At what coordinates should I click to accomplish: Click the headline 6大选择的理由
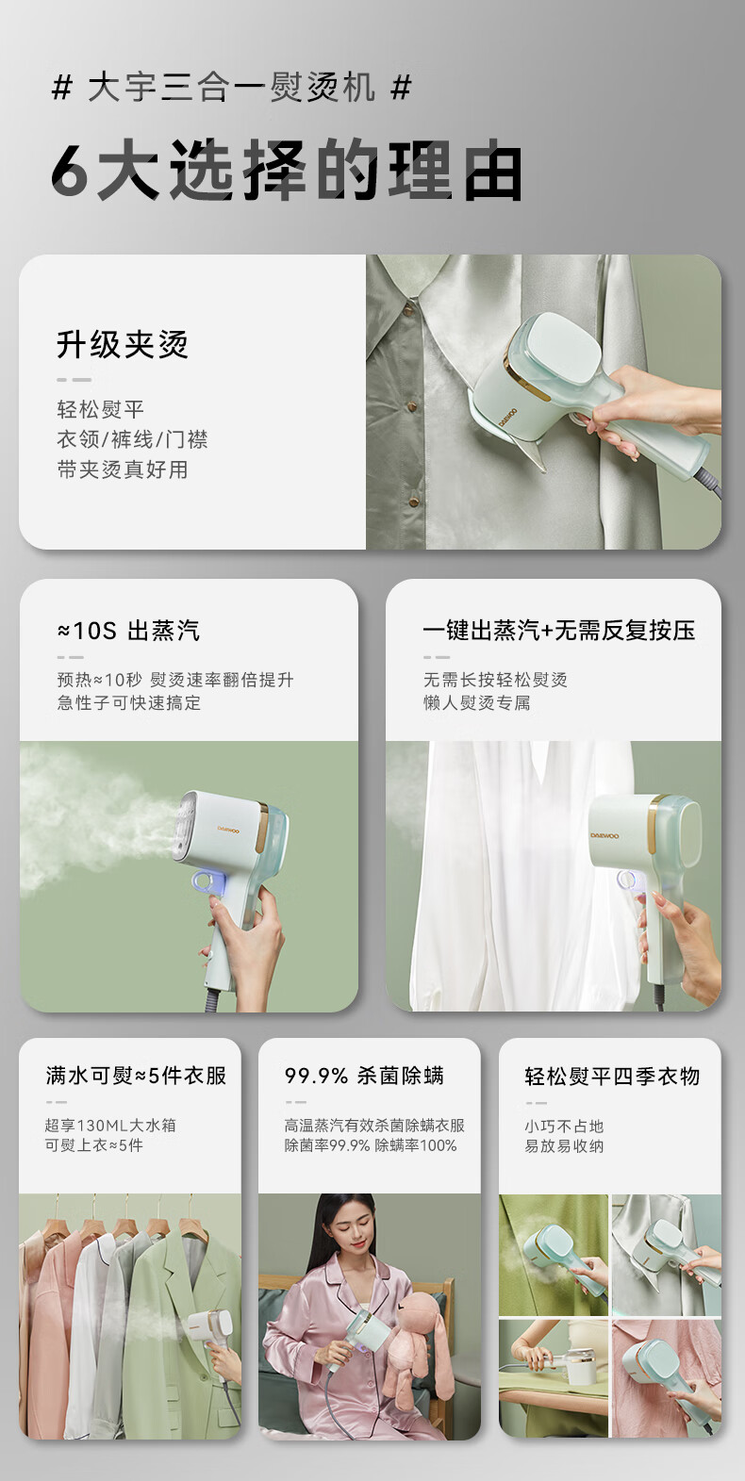pyautogui.click(x=287, y=171)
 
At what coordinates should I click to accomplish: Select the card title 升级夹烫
pyautogui.click(x=123, y=344)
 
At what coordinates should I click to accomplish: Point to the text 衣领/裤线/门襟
pyautogui.click(x=132, y=439)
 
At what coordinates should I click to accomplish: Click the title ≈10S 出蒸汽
pyautogui.click(x=128, y=630)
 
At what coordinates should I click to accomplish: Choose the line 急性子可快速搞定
pyautogui.click(x=129, y=702)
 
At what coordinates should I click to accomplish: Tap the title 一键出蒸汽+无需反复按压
pyautogui.click(x=559, y=630)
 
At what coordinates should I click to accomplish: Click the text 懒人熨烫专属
pyautogui.click(x=477, y=702)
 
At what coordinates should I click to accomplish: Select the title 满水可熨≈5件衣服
pyautogui.click(x=137, y=1076)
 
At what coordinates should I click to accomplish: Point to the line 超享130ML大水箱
pyautogui.click(x=110, y=1125)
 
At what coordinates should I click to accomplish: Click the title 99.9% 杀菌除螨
pyautogui.click(x=364, y=1076)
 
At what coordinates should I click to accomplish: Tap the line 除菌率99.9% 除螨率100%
pyautogui.click(x=371, y=1145)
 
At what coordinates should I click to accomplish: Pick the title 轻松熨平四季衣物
pyautogui.click(x=612, y=1076)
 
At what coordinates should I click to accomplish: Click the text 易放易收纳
pyautogui.click(x=564, y=1145)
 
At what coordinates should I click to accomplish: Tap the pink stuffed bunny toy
pyautogui.click(x=411, y=1342)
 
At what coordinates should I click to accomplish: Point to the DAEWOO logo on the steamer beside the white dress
pyautogui.click(x=604, y=835)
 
